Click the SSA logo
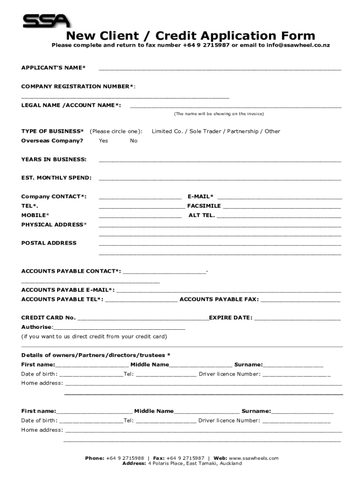46,21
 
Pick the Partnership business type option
242,131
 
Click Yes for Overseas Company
103,141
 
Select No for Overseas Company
134,141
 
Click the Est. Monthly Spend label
57,178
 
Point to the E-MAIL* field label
200,196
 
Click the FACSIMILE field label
204,206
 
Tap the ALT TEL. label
202,215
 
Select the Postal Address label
49,243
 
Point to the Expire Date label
230,318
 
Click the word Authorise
37,327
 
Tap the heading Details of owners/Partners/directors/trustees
96,355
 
